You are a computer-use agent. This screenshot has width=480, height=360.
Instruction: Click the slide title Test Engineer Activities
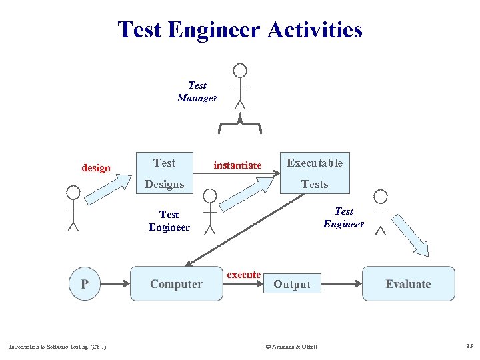coord(240,30)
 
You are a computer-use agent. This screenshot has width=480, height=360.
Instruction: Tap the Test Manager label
coord(197,91)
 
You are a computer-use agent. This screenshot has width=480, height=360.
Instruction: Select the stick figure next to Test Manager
coord(240,85)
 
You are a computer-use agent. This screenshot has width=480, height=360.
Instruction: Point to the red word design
coord(96,168)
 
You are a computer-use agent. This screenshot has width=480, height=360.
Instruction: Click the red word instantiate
coord(237,165)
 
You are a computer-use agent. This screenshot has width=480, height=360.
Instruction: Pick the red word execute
coord(244,275)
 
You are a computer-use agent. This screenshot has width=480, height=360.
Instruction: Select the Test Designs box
coord(164,173)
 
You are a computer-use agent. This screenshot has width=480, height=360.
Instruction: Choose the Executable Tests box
coord(314,173)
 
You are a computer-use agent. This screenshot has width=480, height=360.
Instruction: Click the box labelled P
coord(85,284)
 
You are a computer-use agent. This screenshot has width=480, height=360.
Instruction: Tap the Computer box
coord(176,284)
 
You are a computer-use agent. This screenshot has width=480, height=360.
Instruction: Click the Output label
coord(292,285)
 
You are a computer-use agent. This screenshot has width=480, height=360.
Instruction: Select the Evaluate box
coord(408,284)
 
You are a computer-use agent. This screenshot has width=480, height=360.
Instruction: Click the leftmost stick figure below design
coord(73,207)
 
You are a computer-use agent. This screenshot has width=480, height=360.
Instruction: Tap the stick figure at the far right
coord(381,212)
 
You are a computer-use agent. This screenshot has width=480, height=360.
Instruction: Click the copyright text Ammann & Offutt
coord(291,346)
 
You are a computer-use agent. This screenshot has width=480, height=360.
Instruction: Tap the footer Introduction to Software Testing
coord(57,346)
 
